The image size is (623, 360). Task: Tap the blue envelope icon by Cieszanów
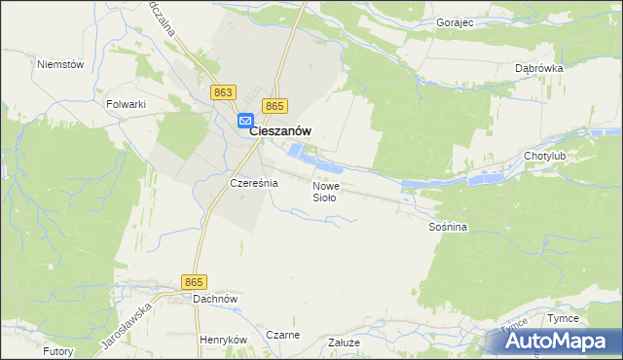pyautogui.click(x=246, y=122)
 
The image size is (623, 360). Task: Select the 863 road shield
pyautogui.click(x=223, y=91)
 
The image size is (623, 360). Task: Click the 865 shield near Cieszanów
pyautogui.click(x=275, y=106)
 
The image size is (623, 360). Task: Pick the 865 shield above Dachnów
pyautogui.click(x=194, y=281)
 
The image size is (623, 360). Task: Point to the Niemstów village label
pyautogui.click(x=60, y=64)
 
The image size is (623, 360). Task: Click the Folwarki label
pyautogui.click(x=126, y=102)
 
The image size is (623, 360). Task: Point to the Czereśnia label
pyautogui.click(x=253, y=182)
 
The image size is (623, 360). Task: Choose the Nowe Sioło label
pyautogui.click(x=326, y=191)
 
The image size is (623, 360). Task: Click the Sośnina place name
pyautogui.click(x=448, y=227)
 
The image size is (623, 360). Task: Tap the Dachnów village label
pyautogui.click(x=215, y=299)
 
